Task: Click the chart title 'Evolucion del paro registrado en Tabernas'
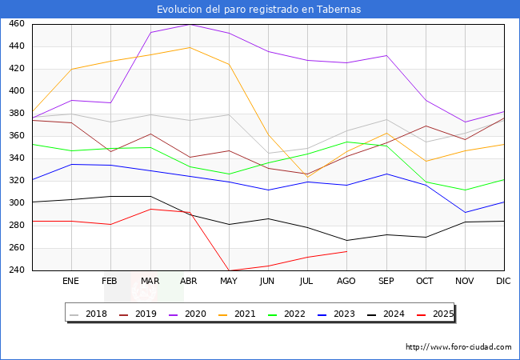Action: (259, 10)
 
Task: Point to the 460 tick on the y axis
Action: (17, 24)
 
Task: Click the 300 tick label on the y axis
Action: (17, 203)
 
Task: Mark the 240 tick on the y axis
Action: (17, 270)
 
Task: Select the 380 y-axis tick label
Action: (17, 114)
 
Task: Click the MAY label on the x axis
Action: (229, 281)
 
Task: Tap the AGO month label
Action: (346, 281)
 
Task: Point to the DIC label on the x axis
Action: (503, 281)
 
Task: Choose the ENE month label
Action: (71, 281)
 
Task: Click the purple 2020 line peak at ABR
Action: (190, 24)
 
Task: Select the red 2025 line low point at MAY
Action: (229, 270)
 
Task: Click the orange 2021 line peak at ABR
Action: (190, 47)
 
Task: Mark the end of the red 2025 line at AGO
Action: (346, 251)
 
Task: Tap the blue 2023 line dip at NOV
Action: (464, 213)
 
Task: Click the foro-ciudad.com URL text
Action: (458, 347)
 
